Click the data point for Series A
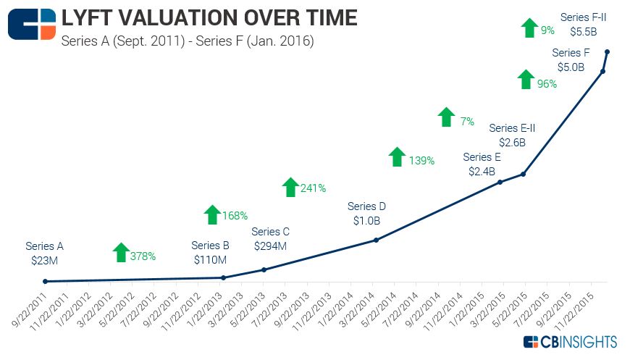pyautogui.click(x=45, y=281)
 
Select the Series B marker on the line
pyautogui.click(x=223, y=277)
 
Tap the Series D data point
pyautogui.click(x=376, y=240)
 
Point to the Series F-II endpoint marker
pyautogui.click(x=607, y=51)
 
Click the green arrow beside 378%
pyautogui.click(x=121, y=253)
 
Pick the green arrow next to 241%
pyautogui.click(x=290, y=187)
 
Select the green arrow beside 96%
pyautogui.click(x=526, y=80)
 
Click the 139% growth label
pyautogui.click(x=421, y=161)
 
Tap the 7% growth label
pyautogui.click(x=467, y=122)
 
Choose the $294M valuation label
pyautogui.click(x=270, y=246)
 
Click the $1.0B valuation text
pyautogui.click(x=366, y=220)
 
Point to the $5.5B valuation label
pyautogui.click(x=584, y=32)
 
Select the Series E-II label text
pyautogui.click(x=512, y=128)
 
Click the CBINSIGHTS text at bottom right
pyautogui.click(x=579, y=341)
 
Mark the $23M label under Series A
pyautogui.click(x=44, y=261)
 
